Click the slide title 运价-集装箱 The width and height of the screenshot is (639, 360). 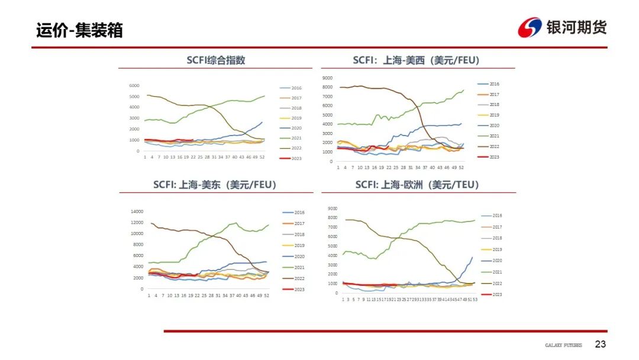pyautogui.click(x=79, y=30)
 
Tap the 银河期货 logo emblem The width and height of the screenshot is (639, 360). pyautogui.click(x=530, y=27)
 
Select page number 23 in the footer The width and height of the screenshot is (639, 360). pyautogui.click(x=600, y=345)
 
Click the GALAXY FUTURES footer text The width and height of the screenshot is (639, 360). pyautogui.click(x=563, y=345)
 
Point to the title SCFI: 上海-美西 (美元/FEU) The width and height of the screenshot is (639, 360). pyautogui.click(x=416, y=60)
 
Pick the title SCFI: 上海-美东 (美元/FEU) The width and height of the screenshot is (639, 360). pyautogui.click(x=215, y=185)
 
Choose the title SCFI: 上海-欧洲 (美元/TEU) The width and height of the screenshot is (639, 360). pyautogui.click(x=417, y=185)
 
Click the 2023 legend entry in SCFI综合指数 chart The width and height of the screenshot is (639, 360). pyautogui.click(x=292, y=159)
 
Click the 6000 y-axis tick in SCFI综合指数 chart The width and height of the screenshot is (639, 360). pyautogui.click(x=134, y=85)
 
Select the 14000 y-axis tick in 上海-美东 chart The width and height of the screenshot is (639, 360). pyautogui.click(x=136, y=211)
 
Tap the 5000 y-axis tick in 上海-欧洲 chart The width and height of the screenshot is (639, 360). pyautogui.click(x=332, y=246)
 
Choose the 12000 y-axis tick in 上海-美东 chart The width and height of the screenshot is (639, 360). pyautogui.click(x=136, y=223)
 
